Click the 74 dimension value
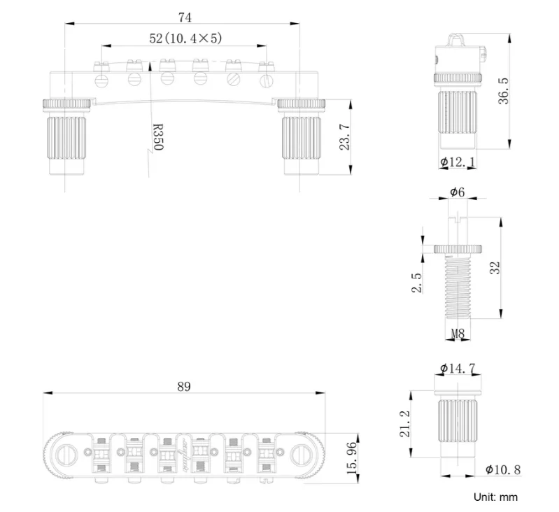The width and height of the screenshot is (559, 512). pyautogui.click(x=185, y=17)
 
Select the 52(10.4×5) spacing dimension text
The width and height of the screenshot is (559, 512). pyautogui.click(x=185, y=38)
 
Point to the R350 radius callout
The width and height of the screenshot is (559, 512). pyautogui.click(x=157, y=137)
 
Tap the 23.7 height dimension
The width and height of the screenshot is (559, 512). pyautogui.click(x=345, y=137)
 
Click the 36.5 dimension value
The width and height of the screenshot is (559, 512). pyautogui.click(x=504, y=91)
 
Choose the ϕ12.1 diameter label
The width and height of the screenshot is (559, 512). pyautogui.click(x=458, y=162)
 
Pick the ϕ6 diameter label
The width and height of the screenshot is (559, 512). pyautogui.click(x=458, y=192)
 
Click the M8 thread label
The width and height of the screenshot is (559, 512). pyautogui.click(x=458, y=334)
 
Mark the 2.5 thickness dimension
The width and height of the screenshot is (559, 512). pyautogui.click(x=417, y=283)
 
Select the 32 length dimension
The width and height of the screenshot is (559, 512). pyautogui.click(x=495, y=268)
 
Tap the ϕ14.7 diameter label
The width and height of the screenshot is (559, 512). pyautogui.click(x=458, y=368)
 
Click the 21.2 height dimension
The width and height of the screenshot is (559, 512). pyautogui.click(x=404, y=424)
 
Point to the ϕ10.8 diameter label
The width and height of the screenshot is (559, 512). pyautogui.click(x=503, y=469)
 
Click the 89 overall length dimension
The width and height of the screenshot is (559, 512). pyautogui.click(x=184, y=387)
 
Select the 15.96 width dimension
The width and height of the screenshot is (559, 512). pyautogui.click(x=352, y=458)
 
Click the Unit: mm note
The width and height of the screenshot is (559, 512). pyautogui.click(x=495, y=497)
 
